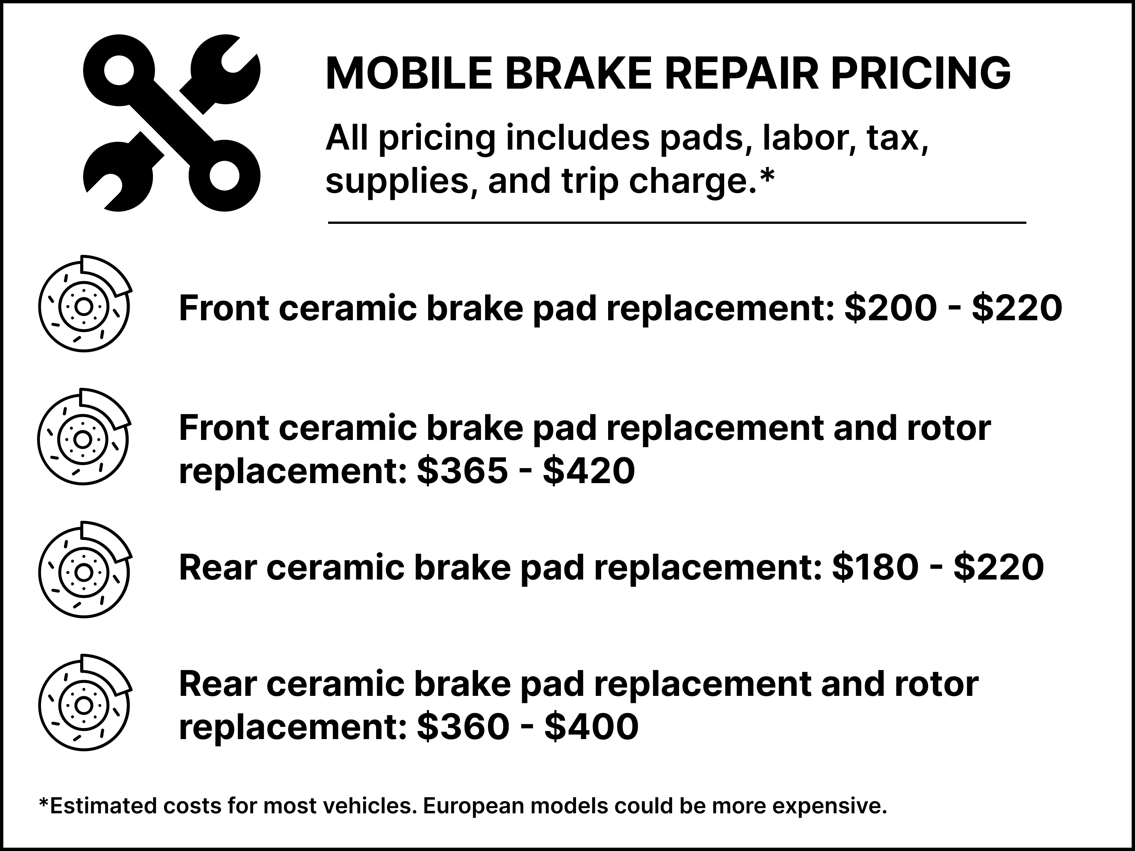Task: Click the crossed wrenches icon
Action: pyautogui.click(x=171, y=123)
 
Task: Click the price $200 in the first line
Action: pyautogui.click(x=890, y=309)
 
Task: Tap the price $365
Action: pyautogui.click(x=462, y=471)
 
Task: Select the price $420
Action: pyautogui.click(x=589, y=471)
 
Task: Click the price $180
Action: pyautogui.click(x=875, y=568)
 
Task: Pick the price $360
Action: pyautogui.click(x=463, y=727)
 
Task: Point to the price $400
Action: pyautogui.click(x=591, y=727)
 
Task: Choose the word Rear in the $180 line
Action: pyautogui.click(x=218, y=568)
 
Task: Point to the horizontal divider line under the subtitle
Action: pyautogui.click(x=676, y=223)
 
